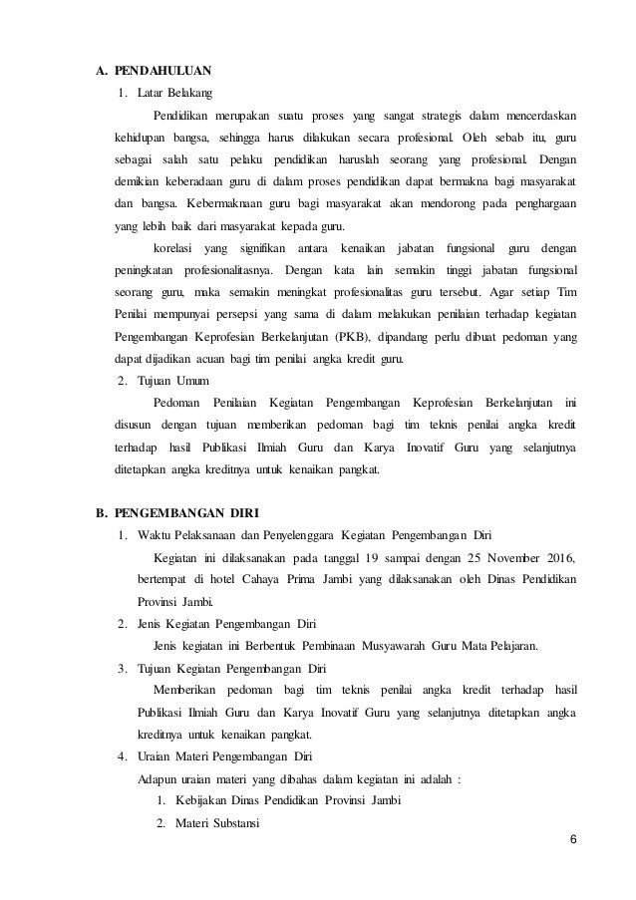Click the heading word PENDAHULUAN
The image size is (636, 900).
(162, 71)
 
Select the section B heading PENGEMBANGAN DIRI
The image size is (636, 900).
(186, 514)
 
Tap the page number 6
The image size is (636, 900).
(572, 835)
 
